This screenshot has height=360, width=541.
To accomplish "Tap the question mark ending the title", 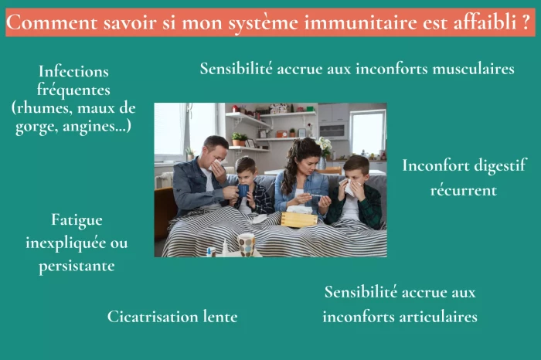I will point(526,22).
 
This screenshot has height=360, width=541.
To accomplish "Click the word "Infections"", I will point(73,71).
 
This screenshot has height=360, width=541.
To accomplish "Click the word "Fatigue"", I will point(77,219).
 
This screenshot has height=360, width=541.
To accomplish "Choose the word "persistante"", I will point(77,266).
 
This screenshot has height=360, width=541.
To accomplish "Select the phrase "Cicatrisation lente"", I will point(172,316).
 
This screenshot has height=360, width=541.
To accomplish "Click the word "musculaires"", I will point(466,68).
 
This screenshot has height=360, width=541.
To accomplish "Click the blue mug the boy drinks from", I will point(243,190).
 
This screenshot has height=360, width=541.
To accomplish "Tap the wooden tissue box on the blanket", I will point(298,219).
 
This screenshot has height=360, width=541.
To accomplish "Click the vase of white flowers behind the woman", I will point(325,146).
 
